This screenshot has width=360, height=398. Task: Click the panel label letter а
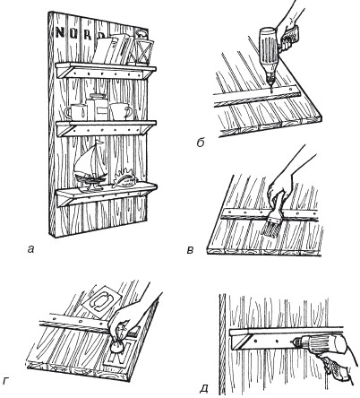[x=30, y=248]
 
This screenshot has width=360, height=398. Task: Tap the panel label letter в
[x=190, y=249]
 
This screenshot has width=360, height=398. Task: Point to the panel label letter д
[x=204, y=388]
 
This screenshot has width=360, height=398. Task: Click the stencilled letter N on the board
[x=60, y=32]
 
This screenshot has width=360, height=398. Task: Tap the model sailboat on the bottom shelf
[x=90, y=167]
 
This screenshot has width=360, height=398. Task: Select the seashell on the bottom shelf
[x=125, y=178]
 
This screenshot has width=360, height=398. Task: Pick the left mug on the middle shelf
[x=76, y=113]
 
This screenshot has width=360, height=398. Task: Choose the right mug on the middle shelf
[x=120, y=111]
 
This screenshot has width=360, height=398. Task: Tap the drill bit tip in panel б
[x=271, y=91]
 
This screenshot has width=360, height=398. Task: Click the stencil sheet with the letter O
[x=100, y=299]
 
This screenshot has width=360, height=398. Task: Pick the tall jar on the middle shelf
[x=97, y=108]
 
